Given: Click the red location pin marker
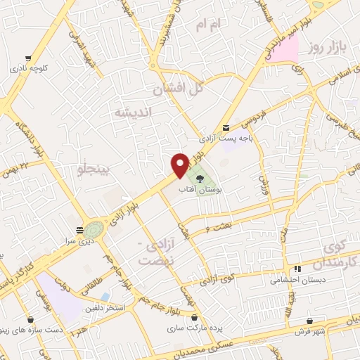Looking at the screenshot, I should click(x=180, y=165).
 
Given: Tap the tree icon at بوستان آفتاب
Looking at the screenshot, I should click(x=200, y=179).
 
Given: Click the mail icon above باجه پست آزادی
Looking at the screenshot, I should click(x=225, y=127).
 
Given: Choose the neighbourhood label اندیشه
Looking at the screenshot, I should click(x=132, y=112).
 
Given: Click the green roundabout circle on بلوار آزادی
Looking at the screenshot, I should click(x=94, y=229).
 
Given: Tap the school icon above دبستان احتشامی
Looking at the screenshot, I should click(x=297, y=268).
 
